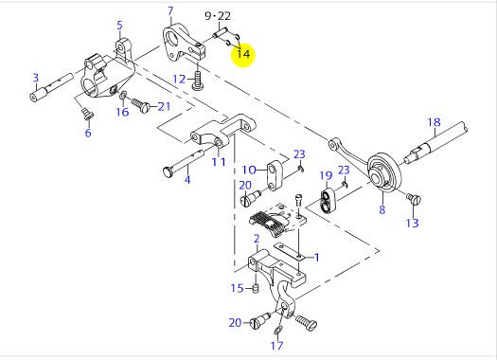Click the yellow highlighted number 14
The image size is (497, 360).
point(243,54)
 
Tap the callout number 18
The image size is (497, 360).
point(434,122)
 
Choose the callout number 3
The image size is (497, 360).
point(35,78)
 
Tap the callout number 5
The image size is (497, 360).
point(119,26)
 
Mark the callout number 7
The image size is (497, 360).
point(170,11)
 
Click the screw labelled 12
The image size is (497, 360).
point(197,81)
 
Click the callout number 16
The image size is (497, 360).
point(122,113)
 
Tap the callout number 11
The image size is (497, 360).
point(219,162)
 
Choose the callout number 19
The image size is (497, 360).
point(325,175)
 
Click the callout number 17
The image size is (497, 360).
point(275,347)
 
